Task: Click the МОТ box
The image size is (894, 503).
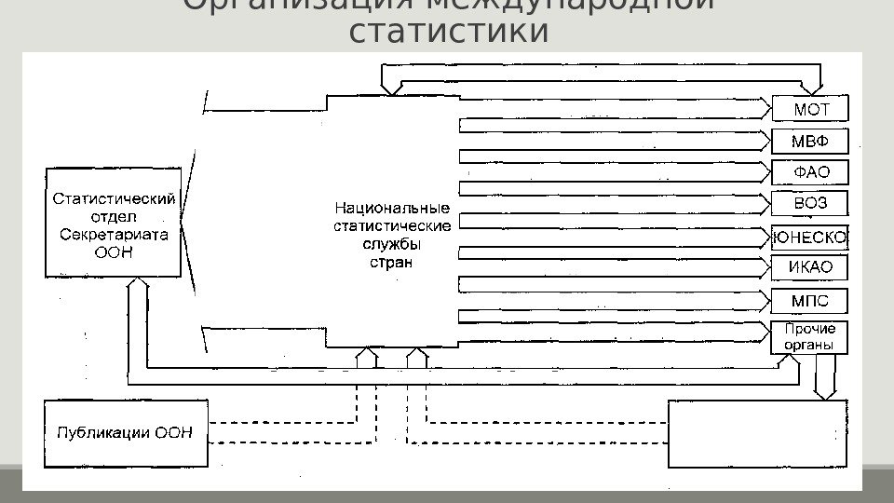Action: [x=810, y=109]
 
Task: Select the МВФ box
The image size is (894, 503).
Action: [x=810, y=142]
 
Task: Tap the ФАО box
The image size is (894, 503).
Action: [x=810, y=172]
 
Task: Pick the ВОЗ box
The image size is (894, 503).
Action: [x=810, y=204]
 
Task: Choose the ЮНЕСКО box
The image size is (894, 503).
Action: [x=810, y=237]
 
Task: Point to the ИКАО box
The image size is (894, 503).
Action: [x=810, y=268]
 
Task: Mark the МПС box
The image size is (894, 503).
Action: [x=810, y=301]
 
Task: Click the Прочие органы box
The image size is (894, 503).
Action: [x=810, y=336]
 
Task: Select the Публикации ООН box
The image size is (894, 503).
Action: [x=126, y=431]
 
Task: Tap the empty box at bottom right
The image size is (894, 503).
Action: [x=758, y=433]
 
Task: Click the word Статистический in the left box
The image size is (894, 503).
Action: [x=114, y=197]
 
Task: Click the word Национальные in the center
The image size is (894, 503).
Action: [x=392, y=208]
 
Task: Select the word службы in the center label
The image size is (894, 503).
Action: [x=391, y=244]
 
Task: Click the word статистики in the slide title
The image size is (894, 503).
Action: [x=448, y=31]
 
